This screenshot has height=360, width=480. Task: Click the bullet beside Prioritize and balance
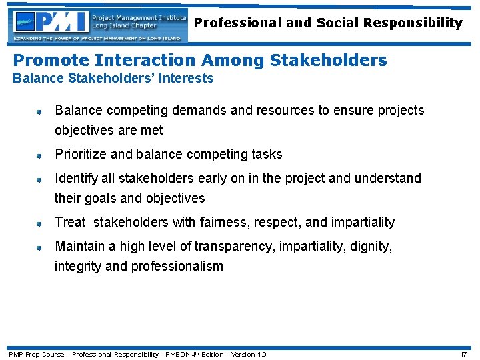click(39, 155)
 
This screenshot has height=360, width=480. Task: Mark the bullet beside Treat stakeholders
click(39, 223)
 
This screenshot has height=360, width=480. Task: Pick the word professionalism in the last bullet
click(177, 266)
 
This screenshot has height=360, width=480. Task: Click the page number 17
click(463, 354)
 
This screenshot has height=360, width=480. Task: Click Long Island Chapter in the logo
click(124, 26)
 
